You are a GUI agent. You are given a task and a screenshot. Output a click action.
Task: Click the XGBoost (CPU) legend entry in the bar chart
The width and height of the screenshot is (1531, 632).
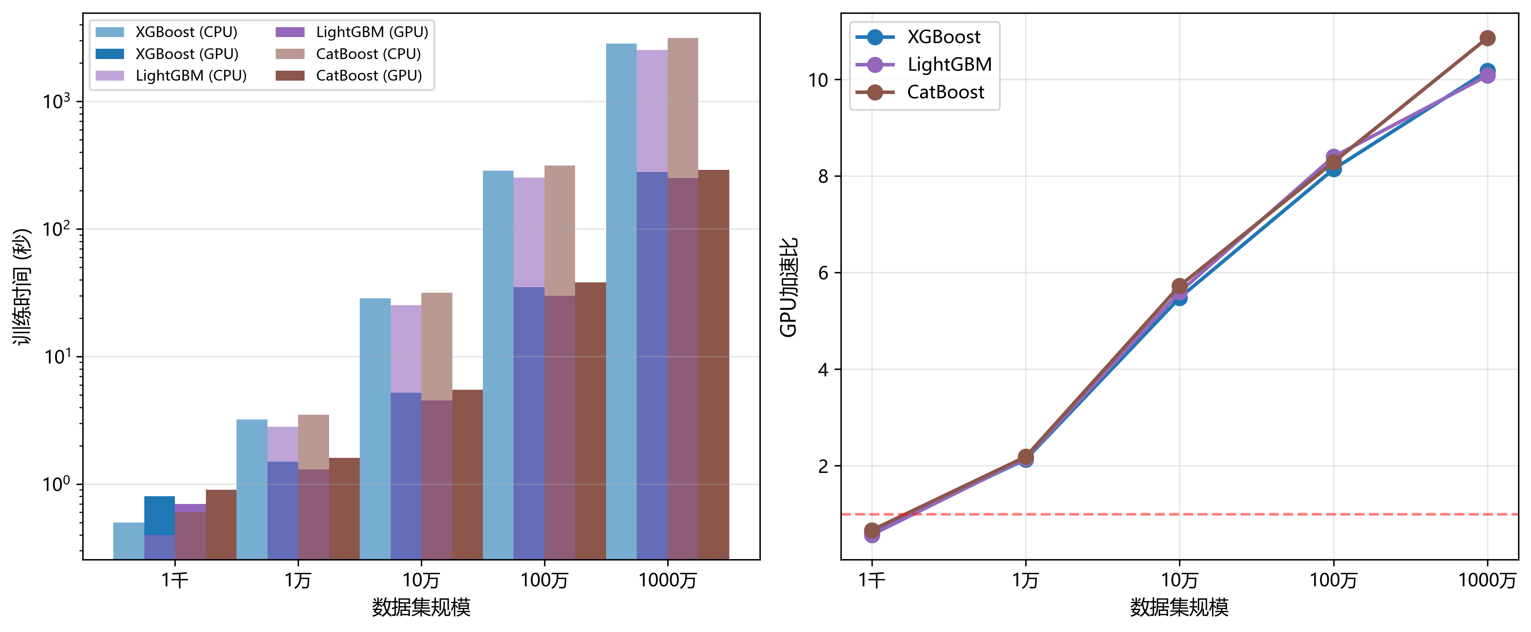coord(166,32)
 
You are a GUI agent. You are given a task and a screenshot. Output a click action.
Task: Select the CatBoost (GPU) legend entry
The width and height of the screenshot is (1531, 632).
coord(349,75)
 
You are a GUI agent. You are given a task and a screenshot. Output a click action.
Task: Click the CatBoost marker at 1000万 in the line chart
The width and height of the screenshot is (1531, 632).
coord(1487,38)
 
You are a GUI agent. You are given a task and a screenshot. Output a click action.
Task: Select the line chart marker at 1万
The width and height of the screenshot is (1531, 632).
coord(1025,457)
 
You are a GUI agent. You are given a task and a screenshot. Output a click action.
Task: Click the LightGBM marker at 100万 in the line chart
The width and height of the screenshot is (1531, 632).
coord(1333,156)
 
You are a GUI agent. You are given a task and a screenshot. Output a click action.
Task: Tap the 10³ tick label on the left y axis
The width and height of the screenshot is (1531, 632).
coord(56,100)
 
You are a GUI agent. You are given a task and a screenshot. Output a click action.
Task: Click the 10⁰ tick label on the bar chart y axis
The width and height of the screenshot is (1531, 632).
coord(56,483)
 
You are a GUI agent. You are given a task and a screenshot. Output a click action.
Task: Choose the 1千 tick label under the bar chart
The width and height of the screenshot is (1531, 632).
coord(175,580)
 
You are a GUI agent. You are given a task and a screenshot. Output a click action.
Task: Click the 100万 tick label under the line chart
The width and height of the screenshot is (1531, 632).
coord(1333,580)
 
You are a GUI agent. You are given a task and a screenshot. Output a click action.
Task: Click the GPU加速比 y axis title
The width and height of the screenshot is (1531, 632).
coord(789,287)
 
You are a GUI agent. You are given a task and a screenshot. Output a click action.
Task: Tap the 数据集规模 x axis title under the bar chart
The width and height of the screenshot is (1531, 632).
coord(421,607)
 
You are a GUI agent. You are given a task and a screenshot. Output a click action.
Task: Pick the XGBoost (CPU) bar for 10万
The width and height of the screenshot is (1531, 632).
coord(375,429)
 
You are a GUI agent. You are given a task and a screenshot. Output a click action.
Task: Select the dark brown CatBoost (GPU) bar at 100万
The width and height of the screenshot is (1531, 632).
coord(590,421)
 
